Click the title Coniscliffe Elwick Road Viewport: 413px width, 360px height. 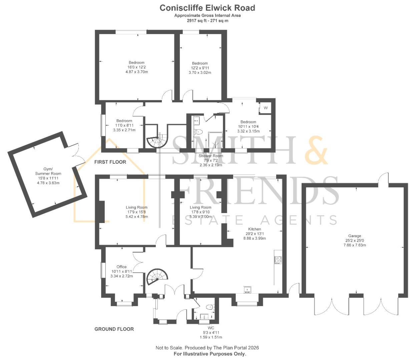tap(207, 8)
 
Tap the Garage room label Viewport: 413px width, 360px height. tap(355, 236)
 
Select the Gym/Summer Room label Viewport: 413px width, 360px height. tap(48, 171)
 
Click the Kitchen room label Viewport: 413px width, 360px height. tap(254, 229)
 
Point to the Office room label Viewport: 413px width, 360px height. tap(121, 267)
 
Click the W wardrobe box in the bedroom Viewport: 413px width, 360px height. tap(266, 108)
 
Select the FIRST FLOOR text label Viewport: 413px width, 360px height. tap(110, 162)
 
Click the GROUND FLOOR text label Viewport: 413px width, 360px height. tap(114, 329)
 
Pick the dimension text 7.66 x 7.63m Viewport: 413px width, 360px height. tap(355, 245)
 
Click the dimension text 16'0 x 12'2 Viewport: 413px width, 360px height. tap(136, 67)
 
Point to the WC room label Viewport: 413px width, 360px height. tap(211, 328)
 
